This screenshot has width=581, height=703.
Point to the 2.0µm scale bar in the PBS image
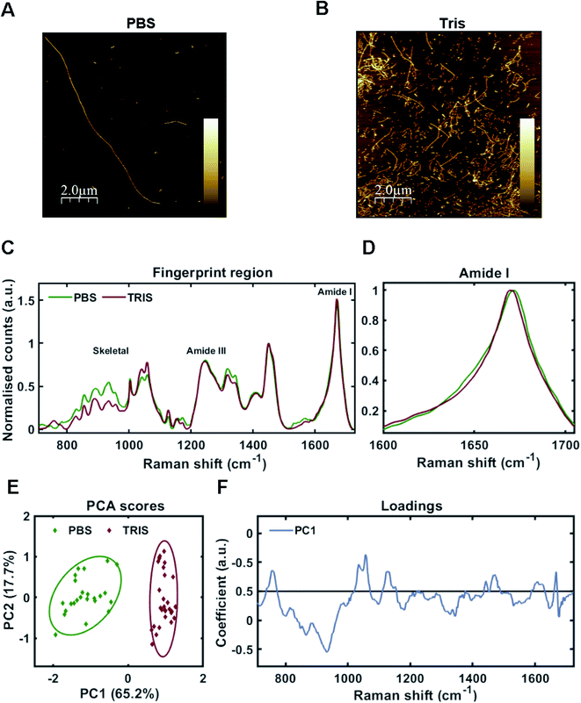(78, 191)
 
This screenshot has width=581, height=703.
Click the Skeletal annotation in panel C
(112, 350)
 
